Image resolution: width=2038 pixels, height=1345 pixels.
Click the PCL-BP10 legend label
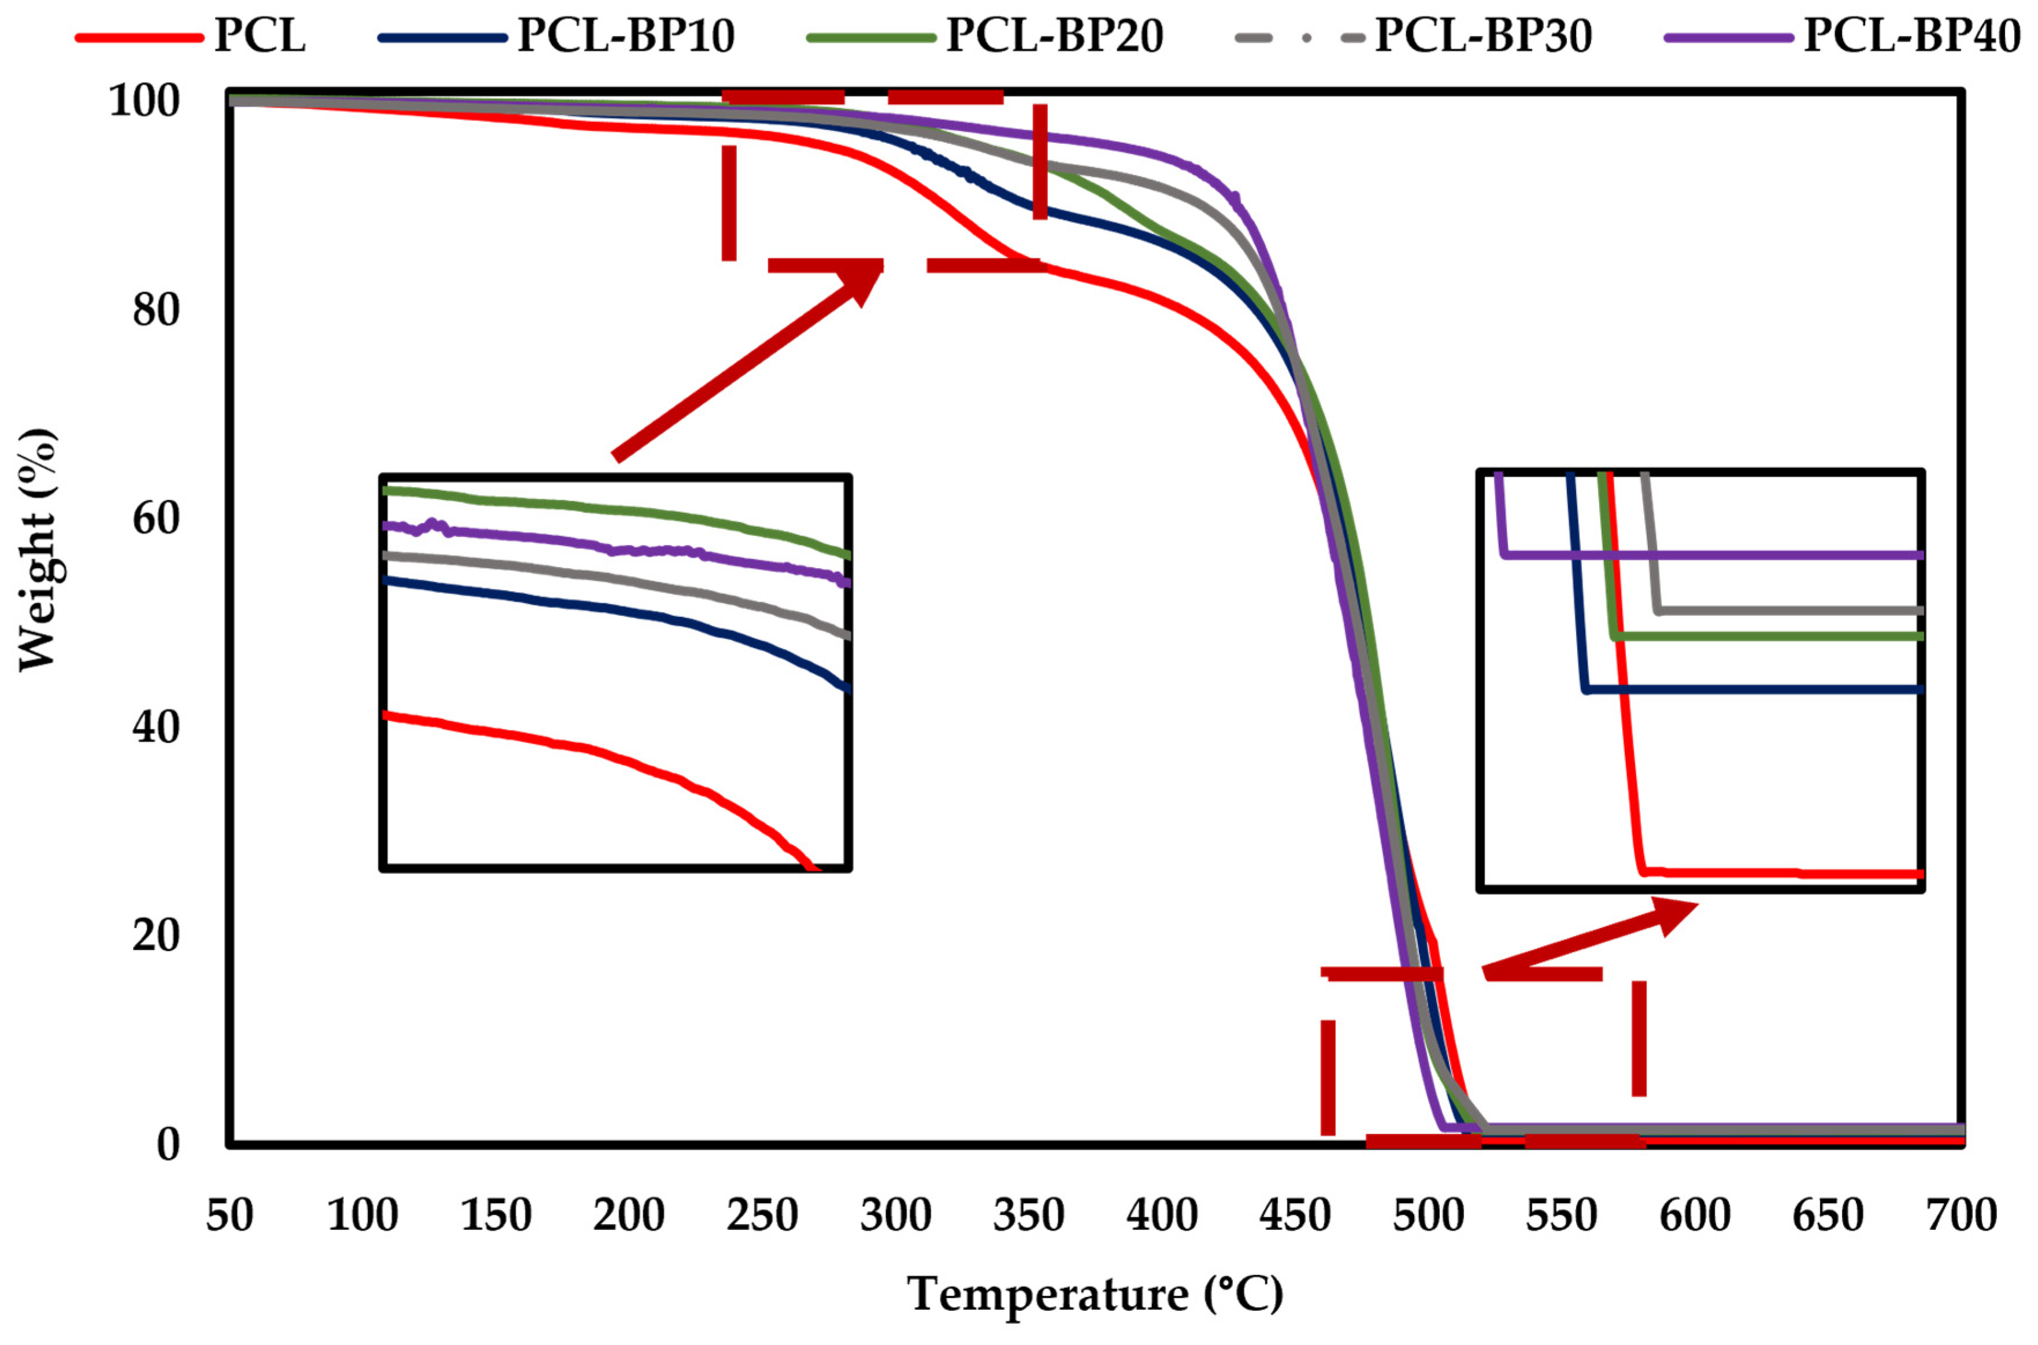click(x=626, y=36)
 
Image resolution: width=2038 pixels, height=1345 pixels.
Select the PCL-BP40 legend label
click(x=1912, y=36)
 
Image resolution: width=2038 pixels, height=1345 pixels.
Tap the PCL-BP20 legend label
click(x=1055, y=36)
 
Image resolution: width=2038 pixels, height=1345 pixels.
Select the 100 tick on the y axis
click(x=144, y=101)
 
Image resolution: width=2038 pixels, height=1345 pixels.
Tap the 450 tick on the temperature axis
click(x=1295, y=1215)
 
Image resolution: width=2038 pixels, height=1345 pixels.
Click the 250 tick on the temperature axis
click(x=762, y=1215)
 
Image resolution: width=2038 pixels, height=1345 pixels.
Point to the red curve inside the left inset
click(x=600, y=755)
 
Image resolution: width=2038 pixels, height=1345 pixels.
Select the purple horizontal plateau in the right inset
click(x=1715, y=555)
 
